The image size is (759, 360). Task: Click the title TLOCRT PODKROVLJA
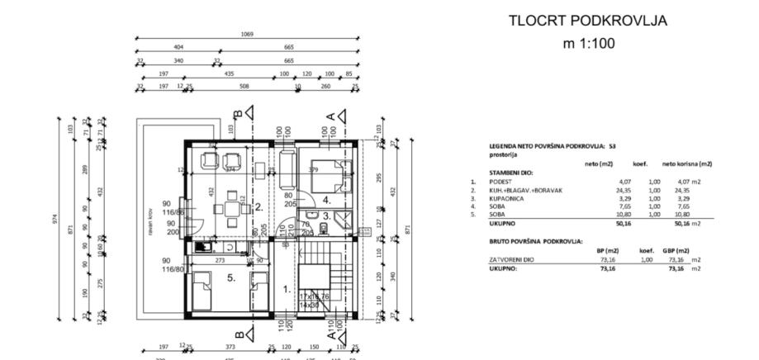(x=587, y=21)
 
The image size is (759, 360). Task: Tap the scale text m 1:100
(x=587, y=44)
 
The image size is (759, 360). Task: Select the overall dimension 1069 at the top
(x=247, y=35)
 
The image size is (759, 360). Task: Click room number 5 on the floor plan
(x=231, y=278)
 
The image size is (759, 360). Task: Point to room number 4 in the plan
(x=326, y=199)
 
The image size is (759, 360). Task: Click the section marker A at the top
(x=334, y=113)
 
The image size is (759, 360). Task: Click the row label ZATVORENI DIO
(x=508, y=258)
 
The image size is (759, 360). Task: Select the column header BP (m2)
(x=607, y=249)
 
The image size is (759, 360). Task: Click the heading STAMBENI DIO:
(x=511, y=173)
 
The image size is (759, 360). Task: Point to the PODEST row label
(x=501, y=181)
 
